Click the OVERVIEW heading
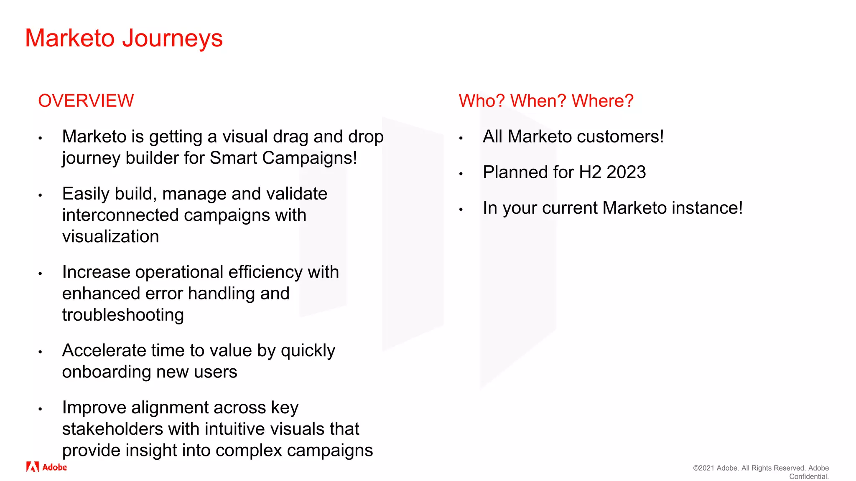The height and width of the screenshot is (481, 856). [x=86, y=101]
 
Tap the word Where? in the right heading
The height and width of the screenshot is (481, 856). [x=602, y=101]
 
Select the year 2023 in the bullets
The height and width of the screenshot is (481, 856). [x=626, y=172]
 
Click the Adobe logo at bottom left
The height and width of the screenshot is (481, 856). [x=46, y=467]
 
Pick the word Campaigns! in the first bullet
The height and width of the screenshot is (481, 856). [x=309, y=158]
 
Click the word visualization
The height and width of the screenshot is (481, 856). [x=110, y=237]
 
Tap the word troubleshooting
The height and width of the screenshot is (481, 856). [x=123, y=315]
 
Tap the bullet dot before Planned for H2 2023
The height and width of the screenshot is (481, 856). [x=461, y=174]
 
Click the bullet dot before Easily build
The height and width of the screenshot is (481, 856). [x=40, y=195]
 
